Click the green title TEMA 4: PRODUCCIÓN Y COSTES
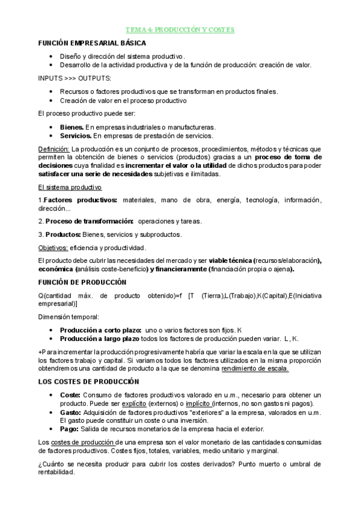tap(180, 29)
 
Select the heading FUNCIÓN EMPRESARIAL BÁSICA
tap(91, 43)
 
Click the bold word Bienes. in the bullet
tap(72, 127)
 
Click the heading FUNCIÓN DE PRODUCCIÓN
tap(82, 282)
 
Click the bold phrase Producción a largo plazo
tap(100, 339)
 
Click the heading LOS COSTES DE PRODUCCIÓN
tap(88, 382)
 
